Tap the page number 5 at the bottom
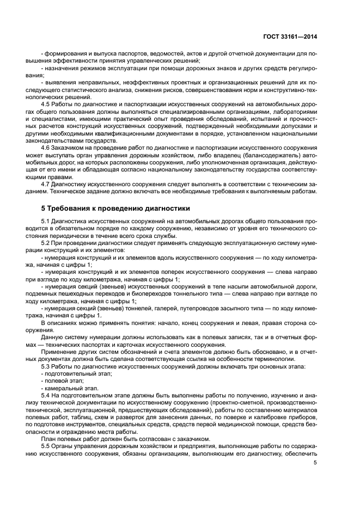[x=315, y=463]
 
